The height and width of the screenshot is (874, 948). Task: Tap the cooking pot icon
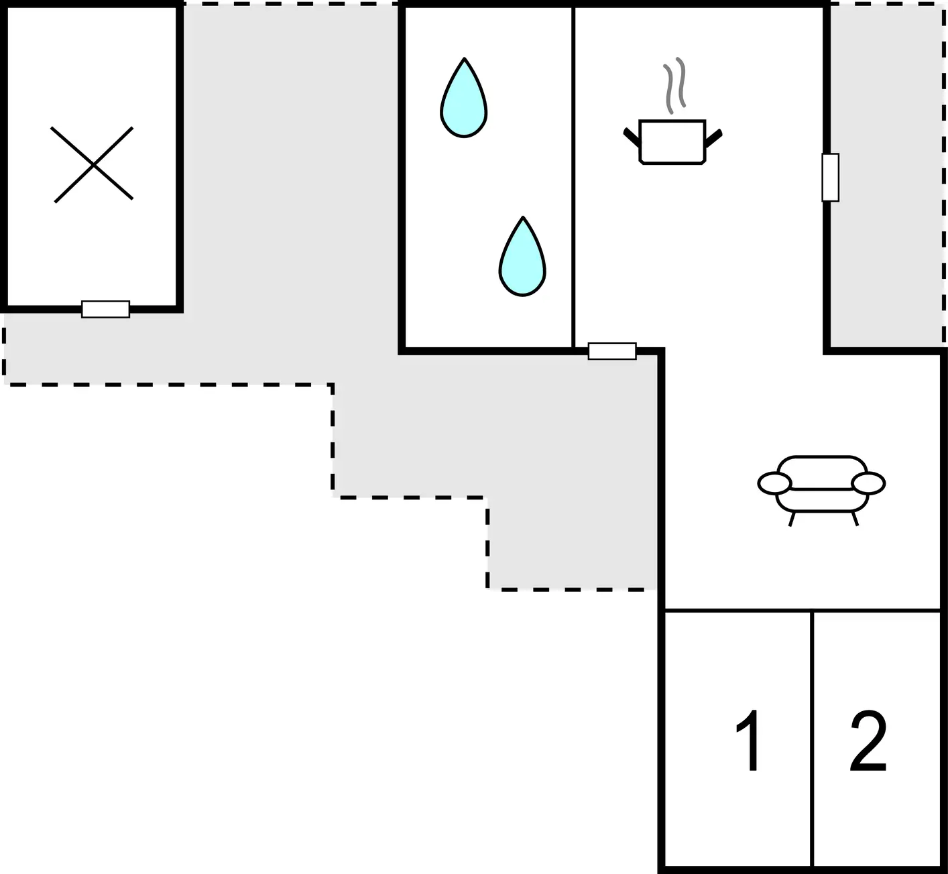(672, 142)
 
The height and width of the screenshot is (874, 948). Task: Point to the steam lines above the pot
(674, 85)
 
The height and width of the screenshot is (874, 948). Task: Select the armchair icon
(821, 490)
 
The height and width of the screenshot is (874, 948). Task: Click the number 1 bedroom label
(748, 740)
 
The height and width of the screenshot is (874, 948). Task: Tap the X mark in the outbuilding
(93, 165)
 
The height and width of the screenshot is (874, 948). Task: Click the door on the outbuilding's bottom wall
(105, 309)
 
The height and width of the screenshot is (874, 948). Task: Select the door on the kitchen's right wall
(830, 178)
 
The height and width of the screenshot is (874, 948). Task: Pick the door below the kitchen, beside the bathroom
(612, 351)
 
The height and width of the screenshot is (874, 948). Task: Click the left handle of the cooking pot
(632, 137)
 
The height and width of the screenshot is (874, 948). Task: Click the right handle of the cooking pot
(713, 137)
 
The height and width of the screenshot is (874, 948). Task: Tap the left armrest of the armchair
(774, 483)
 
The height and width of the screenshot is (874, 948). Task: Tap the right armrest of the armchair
(869, 483)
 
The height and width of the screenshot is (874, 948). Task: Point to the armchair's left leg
(792, 519)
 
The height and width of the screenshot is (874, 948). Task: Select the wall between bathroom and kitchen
(573, 178)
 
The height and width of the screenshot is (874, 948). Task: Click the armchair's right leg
(855, 519)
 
